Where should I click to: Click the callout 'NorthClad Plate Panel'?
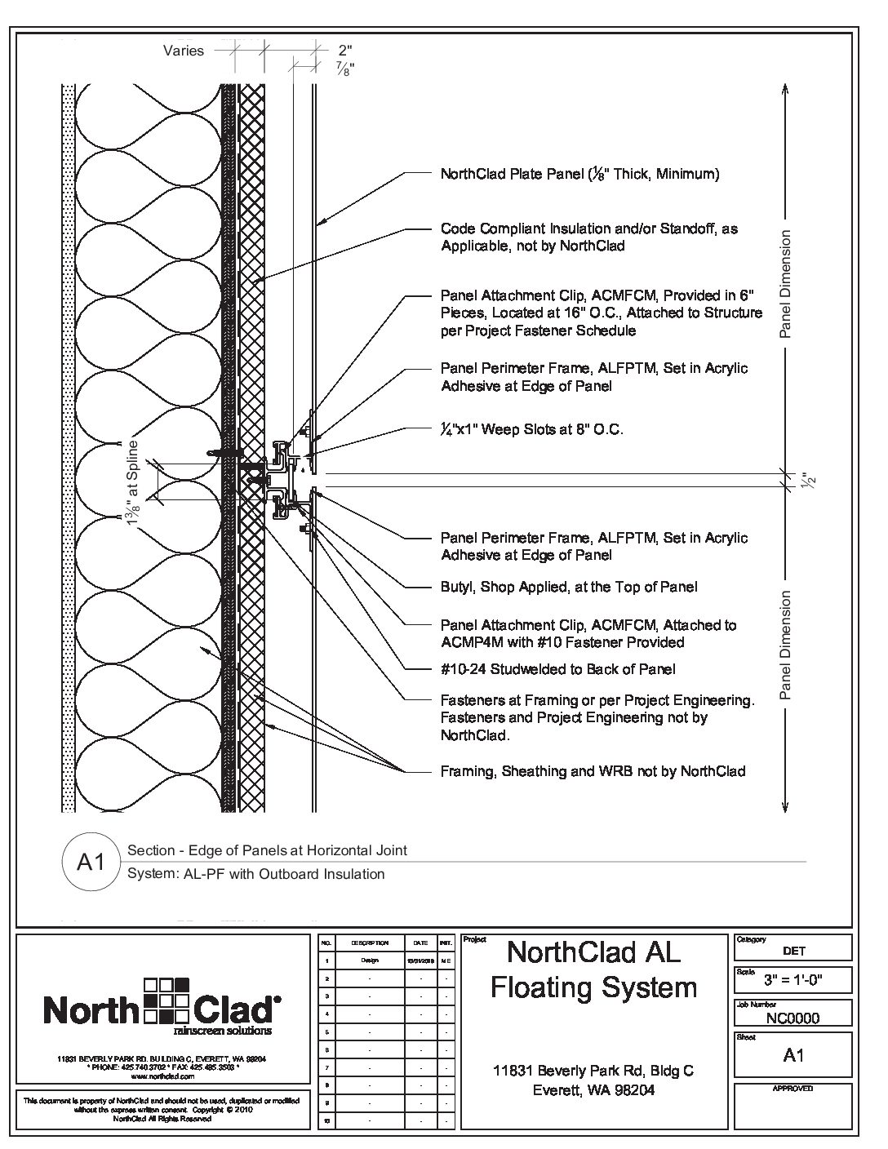click(x=579, y=174)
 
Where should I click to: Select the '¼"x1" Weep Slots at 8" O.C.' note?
click(x=532, y=429)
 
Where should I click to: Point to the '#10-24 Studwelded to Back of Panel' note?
click(x=558, y=670)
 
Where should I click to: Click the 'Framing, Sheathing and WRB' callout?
click(x=593, y=771)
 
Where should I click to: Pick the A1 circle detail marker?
click(x=91, y=862)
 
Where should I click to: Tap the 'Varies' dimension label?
click(x=184, y=51)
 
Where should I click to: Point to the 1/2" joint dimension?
click(x=804, y=480)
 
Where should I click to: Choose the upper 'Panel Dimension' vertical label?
click(x=785, y=284)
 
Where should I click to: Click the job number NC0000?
click(x=793, y=1018)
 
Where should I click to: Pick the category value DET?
click(x=793, y=951)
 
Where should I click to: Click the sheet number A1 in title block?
click(x=793, y=1055)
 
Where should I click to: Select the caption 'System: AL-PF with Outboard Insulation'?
click(x=255, y=874)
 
